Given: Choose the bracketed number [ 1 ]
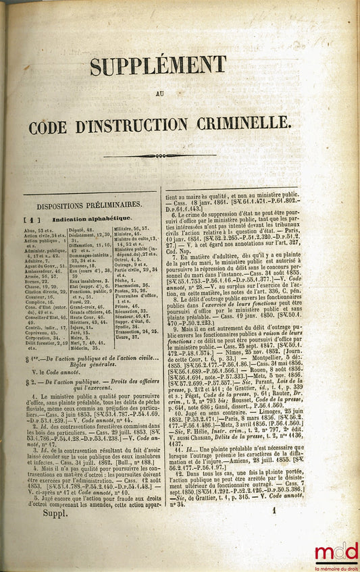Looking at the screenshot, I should [31, 219].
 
